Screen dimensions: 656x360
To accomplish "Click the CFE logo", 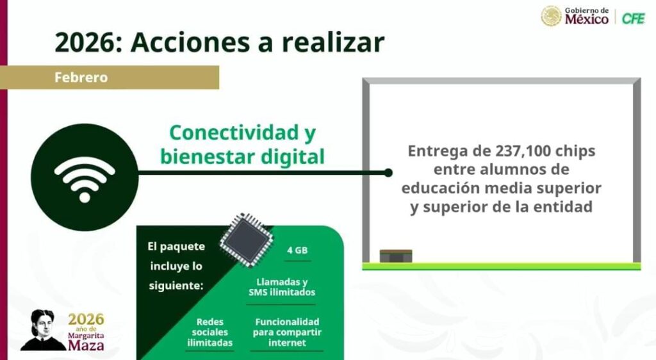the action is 633,19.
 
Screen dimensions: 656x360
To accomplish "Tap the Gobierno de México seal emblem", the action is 551,16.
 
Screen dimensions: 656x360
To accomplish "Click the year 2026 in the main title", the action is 85,43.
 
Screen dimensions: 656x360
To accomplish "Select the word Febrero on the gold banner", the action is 81,78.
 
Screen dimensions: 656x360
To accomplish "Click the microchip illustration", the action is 247,240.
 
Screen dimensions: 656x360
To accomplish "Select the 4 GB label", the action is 297,250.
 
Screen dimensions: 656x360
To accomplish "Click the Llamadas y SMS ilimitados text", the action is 282,287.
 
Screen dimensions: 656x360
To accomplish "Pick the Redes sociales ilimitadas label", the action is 210,332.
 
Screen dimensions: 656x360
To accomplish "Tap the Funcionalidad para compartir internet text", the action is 287,332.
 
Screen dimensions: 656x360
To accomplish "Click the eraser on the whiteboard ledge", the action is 396,256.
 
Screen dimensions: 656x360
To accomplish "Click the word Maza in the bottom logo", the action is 86,345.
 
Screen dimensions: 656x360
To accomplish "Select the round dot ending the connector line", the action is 388,172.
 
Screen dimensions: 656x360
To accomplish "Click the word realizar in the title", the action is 332,43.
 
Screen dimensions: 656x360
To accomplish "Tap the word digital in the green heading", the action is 292,157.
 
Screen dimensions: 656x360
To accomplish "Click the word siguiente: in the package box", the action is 176,286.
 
